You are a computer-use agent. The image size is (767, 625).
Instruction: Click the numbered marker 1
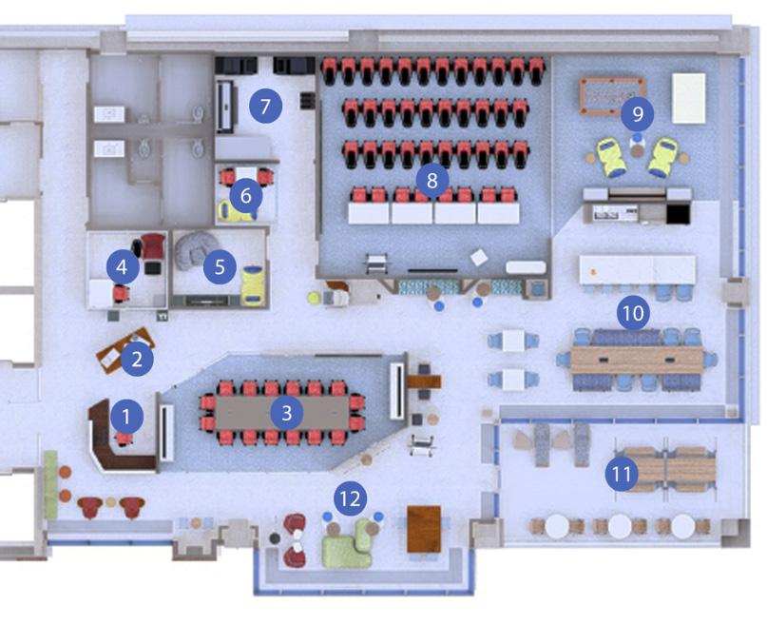click(125, 415)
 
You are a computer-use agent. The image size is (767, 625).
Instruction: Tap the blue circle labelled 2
click(138, 359)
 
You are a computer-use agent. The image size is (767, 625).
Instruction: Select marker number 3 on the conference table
click(286, 412)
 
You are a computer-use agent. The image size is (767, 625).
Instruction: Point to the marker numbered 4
click(122, 267)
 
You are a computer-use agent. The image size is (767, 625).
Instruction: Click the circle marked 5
click(220, 267)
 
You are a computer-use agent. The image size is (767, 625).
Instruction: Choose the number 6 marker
click(245, 196)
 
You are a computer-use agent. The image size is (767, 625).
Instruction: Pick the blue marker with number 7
click(266, 106)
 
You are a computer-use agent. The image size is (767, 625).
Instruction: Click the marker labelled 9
click(638, 115)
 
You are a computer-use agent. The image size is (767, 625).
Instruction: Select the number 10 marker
click(633, 311)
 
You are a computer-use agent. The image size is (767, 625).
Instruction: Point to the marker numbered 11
click(622, 473)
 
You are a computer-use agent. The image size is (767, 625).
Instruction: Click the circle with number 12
click(351, 497)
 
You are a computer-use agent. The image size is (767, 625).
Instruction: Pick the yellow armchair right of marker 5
click(252, 283)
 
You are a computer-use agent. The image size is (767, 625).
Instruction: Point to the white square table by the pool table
click(689, 98)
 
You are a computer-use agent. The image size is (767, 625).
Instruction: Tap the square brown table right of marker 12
click(424, 529)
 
